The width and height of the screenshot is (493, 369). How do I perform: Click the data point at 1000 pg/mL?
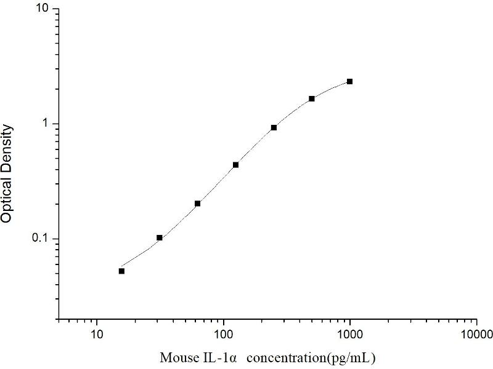coord(350,81)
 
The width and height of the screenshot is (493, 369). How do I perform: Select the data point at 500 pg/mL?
coord(312,98)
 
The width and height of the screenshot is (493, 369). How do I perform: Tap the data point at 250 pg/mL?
coord(274,127)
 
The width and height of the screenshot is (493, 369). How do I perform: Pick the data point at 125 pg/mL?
coord(235,165)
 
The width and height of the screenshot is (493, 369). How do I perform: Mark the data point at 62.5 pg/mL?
coord(197,203)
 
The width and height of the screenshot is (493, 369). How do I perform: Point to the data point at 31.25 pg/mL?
coord(160,237)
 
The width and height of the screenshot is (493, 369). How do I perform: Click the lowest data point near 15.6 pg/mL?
coord(121,271)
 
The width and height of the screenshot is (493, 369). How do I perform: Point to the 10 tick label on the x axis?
coord(96,335)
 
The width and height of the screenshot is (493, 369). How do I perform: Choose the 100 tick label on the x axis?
coord(223,335)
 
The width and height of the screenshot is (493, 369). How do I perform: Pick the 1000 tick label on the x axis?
coord(350,335)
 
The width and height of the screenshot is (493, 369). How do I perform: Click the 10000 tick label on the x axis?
coord(476,335)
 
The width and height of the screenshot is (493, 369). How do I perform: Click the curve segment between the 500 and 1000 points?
coord(332,88)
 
